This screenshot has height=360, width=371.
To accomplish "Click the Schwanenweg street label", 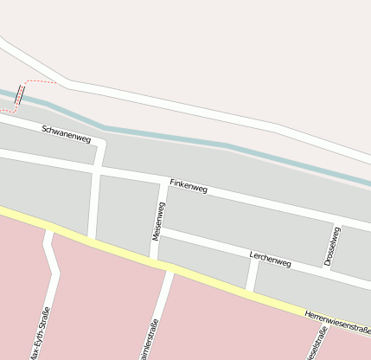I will coord(67,133).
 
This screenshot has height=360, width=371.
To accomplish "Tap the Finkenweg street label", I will coord(189,185).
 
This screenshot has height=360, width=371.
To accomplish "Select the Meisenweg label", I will coord(158,221).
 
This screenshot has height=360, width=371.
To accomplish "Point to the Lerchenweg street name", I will coord(270,258).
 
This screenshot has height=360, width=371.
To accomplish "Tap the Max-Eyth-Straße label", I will coord(40,334).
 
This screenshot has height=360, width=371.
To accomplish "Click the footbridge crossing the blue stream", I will coord(19,94).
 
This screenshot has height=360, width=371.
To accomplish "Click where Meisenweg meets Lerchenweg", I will coord(159,231).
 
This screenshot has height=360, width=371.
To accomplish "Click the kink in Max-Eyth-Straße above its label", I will coord(56,274).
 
